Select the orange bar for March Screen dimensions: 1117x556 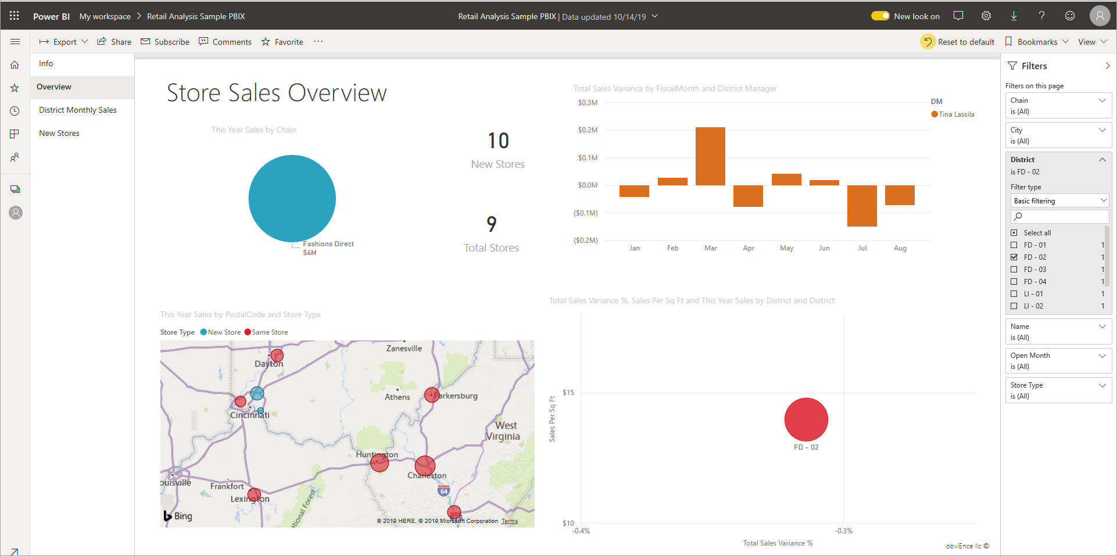pyautogui.click(x=710, y=156)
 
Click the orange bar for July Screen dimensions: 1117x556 pyautogui.click(x=862, y=206)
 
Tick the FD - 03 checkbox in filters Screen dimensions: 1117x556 pyautogui.click(x=1014, y=270)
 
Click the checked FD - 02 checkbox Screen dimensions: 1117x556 pyautogui.click(x=1014, y=257)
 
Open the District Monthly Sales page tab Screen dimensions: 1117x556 pyautogui.click(x=78, y=110)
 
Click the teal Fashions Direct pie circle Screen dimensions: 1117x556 pyautogui.click(x=292, y=199)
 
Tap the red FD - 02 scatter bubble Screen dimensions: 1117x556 pyautogui.click(x=806, y=419)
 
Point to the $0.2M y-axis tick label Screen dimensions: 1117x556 pyautogui.click(x=588, y=130)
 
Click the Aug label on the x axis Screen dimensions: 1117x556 pyautogui.click(x=900, y=248)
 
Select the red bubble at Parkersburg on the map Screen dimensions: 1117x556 pyautogui.click(x=432, y=395)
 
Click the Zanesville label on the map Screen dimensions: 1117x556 pyautogui.click(x=404, y=349)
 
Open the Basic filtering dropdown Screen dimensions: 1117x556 pyautogui.click(x=1060, y=201)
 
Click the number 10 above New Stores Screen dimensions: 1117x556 pyautogui.click(x=498, y=141)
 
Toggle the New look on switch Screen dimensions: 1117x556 pyautogui.click(x=880, y=16)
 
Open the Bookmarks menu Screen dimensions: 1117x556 pyautogui.click(x=1037, y=42)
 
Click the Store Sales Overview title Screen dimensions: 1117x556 pyautogui.click(x=277, y=93)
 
